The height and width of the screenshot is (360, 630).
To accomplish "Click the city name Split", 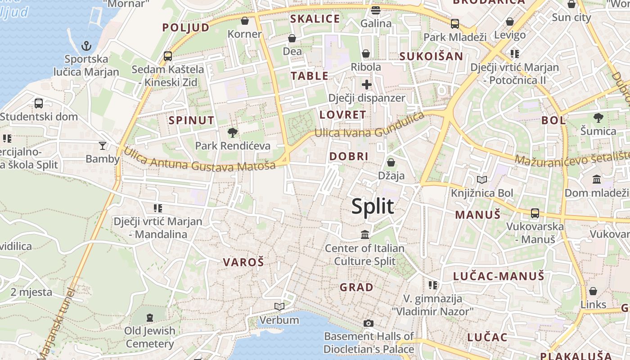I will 373,207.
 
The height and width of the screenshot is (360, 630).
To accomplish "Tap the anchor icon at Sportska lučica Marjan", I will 86,45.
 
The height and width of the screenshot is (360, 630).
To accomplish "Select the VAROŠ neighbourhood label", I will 243,262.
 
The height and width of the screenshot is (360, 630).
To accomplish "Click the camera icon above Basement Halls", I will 368,323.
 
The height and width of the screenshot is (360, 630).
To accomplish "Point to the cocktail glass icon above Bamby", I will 103,145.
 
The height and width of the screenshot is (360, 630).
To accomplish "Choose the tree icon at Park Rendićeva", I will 233,132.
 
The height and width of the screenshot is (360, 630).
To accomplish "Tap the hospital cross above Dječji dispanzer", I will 367,84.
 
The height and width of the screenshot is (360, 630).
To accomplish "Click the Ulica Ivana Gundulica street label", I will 369,126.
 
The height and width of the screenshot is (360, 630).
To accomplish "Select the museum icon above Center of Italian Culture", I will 365,234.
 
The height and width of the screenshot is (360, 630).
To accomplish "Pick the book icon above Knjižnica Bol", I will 482,180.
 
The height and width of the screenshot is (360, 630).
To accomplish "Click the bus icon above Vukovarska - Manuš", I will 535,213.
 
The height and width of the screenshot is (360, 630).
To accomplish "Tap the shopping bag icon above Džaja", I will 391,162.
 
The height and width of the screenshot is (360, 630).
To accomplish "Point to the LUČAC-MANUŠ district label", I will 499,276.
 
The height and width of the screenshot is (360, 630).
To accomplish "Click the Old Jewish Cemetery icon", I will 150,317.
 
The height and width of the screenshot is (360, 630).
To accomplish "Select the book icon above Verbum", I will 279,306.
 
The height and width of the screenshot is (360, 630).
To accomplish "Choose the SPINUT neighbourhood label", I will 191,120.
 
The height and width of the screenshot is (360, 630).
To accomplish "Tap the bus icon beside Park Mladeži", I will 455,23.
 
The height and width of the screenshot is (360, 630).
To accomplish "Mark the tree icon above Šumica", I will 598,118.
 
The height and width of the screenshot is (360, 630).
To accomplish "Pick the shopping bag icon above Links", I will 593,291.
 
